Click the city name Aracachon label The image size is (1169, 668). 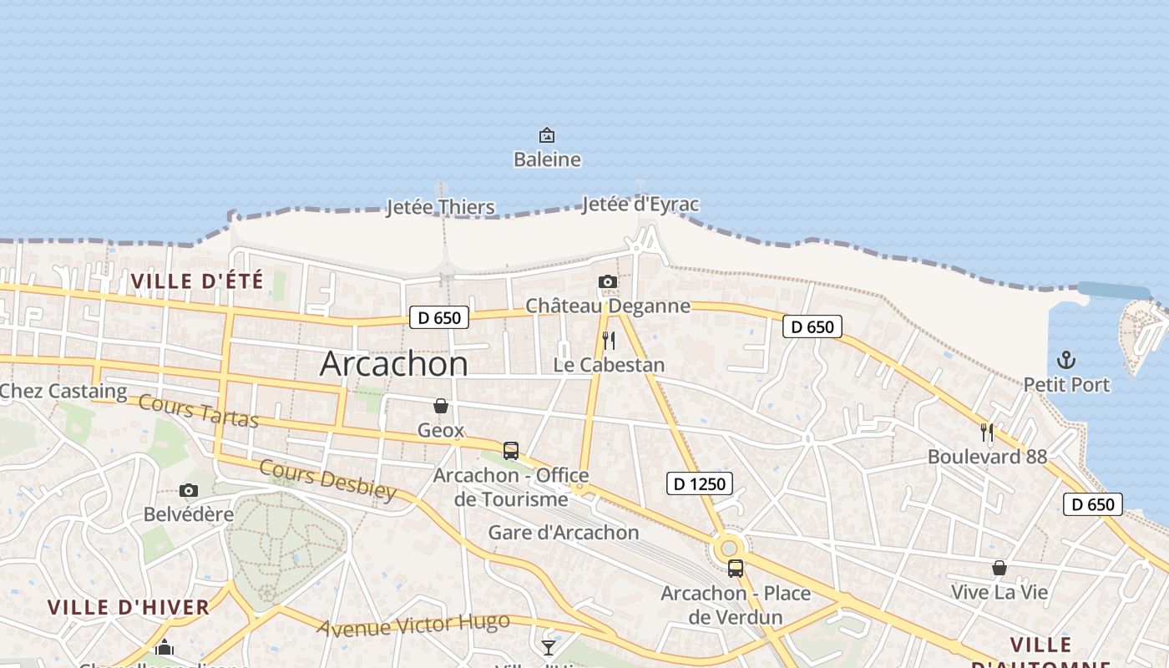394,364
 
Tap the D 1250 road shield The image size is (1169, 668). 701,483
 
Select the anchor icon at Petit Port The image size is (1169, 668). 1066,361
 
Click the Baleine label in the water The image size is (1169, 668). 547,159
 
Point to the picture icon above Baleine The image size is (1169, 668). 547,134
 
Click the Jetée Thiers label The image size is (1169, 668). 440,207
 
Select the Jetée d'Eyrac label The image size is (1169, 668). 640,205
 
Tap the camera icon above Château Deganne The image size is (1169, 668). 608,282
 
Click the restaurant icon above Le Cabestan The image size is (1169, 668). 609,341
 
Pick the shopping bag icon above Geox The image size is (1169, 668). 441,406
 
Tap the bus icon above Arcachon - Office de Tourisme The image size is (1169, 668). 511,451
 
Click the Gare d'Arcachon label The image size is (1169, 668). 564,533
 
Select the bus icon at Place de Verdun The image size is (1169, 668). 736,569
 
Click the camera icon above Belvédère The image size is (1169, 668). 189,490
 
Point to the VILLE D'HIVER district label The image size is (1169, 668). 129,608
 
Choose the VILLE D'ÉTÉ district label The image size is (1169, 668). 197,281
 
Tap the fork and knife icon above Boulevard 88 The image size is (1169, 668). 987,433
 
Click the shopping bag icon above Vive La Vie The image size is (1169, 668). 999,569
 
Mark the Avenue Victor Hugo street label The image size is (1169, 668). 413,625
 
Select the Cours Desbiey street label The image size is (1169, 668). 327,479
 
